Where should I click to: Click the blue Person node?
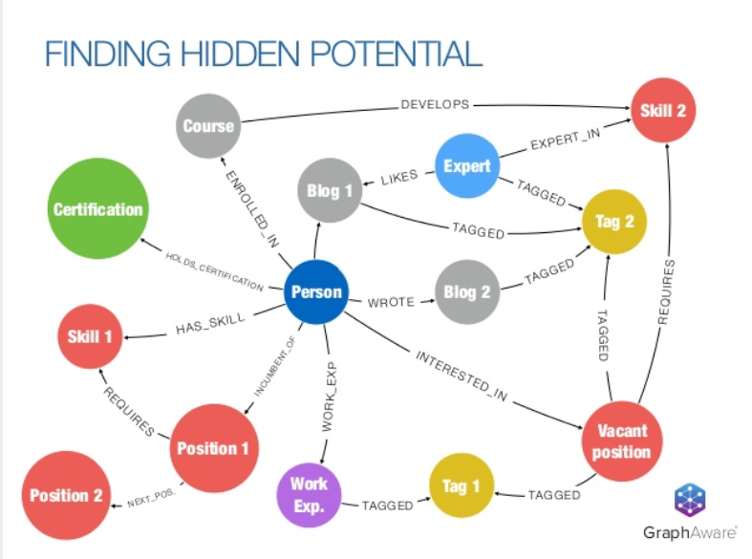coord(316,291)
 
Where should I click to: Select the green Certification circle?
coord(97,208)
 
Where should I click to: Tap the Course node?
coord(208,125)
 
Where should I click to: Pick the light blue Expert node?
coord(466,166)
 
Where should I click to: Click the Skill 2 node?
coord(663,110)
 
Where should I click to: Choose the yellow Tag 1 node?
coord(461,485)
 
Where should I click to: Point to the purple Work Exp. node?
coord(309,495)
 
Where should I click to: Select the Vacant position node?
coord(622,441)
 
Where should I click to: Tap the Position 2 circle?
coord(66,495)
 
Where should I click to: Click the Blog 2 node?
coord(466,291)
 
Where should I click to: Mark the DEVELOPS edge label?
coord(435,104)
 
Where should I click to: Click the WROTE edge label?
coord(391,302)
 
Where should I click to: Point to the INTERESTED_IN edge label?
coord(462,376)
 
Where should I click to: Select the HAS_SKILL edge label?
coord(210,324)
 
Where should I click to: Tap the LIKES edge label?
coord(399,178)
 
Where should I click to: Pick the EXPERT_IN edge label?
coord(565,139)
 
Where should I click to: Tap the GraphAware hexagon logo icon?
coord(690,500)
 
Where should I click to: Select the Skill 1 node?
coord(90,336)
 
